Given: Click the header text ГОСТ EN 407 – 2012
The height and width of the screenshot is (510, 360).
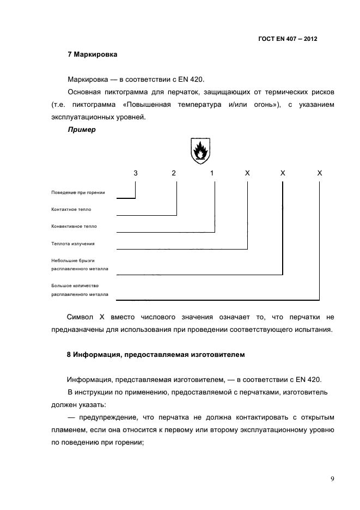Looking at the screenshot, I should (x=288, y=39).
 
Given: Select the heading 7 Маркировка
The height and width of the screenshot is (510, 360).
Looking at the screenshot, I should (x=92, y=54).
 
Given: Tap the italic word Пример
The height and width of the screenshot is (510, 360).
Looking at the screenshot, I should (x=82, y=130).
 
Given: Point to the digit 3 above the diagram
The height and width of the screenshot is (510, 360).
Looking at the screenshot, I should (x=136, y=173).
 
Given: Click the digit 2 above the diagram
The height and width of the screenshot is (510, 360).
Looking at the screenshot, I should (x=174, y=173).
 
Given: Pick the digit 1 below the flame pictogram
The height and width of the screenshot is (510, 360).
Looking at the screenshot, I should (x=212, y=173).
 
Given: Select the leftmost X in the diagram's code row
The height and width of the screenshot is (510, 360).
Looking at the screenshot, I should (x=247, y=173).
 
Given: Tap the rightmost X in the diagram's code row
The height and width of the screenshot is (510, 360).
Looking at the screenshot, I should (x=320, y=173).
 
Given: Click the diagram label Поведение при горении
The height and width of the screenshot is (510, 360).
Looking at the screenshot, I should (x=78, y=192).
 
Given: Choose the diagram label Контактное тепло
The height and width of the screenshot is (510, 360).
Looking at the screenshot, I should (x=71, y=209).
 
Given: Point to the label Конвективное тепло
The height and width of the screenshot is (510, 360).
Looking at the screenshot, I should (x=74, y=226).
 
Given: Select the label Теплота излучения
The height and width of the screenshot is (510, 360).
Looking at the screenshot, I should (x=73, y=244).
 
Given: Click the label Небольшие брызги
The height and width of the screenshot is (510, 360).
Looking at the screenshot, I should (x=73, y=260).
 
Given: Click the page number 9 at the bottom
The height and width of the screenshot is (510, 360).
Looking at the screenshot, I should (x=332, y=479).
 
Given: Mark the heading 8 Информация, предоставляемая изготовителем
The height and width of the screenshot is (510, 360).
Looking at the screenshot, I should (x=156, y=355).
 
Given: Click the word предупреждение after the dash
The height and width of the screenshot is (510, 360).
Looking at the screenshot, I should (x=108, y=417).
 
